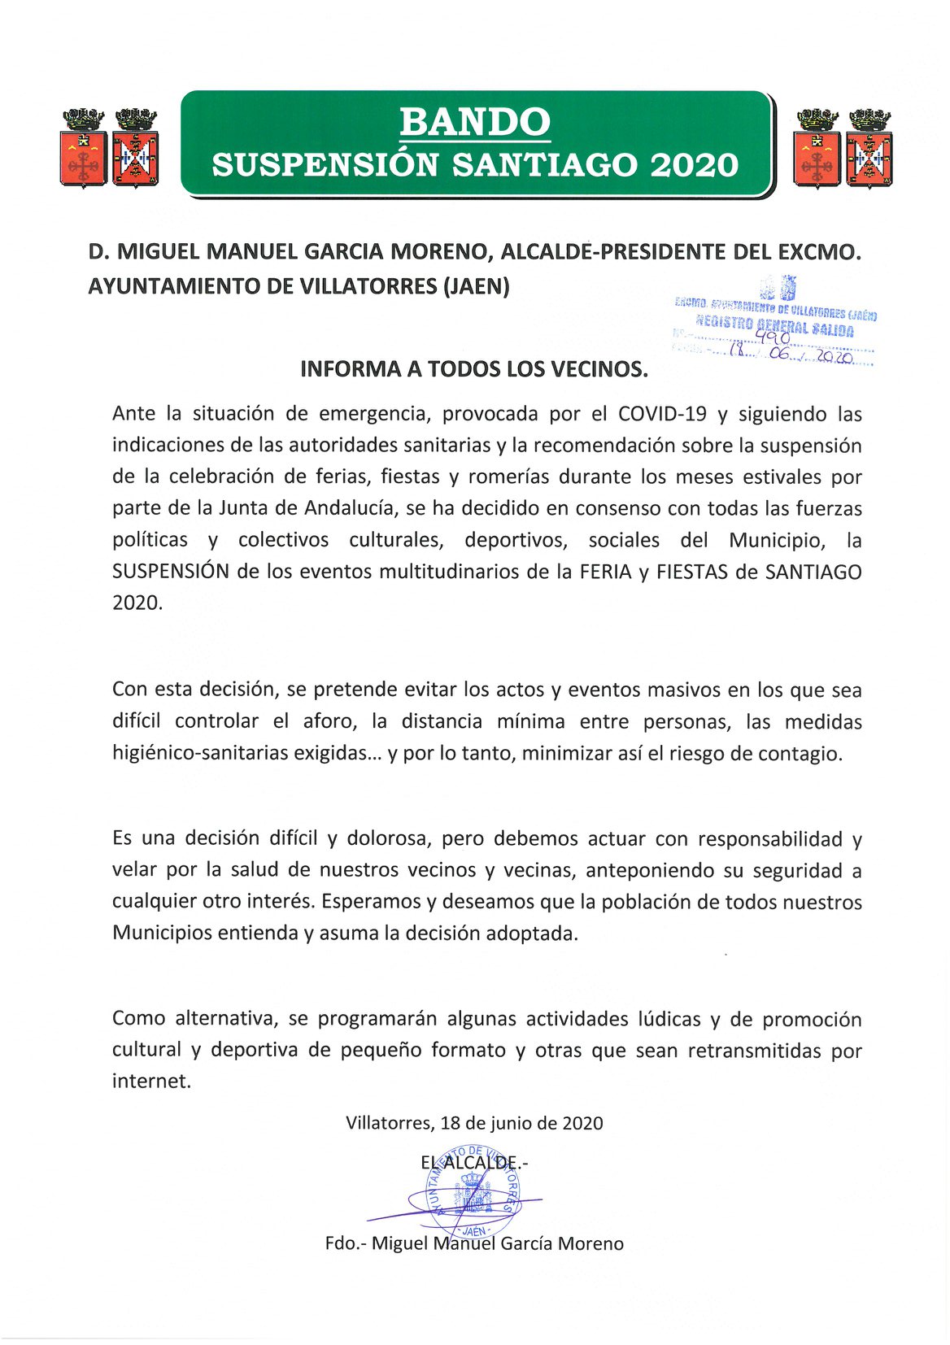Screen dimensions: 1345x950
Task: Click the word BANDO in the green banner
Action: pos(475,123)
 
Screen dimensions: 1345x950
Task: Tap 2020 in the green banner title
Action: pos(694,165)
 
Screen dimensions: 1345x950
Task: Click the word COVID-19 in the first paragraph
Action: pos(662,414)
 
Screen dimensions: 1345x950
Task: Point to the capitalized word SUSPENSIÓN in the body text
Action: pos(171,572)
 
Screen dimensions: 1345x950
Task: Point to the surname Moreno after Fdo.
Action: pos(592,1244)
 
